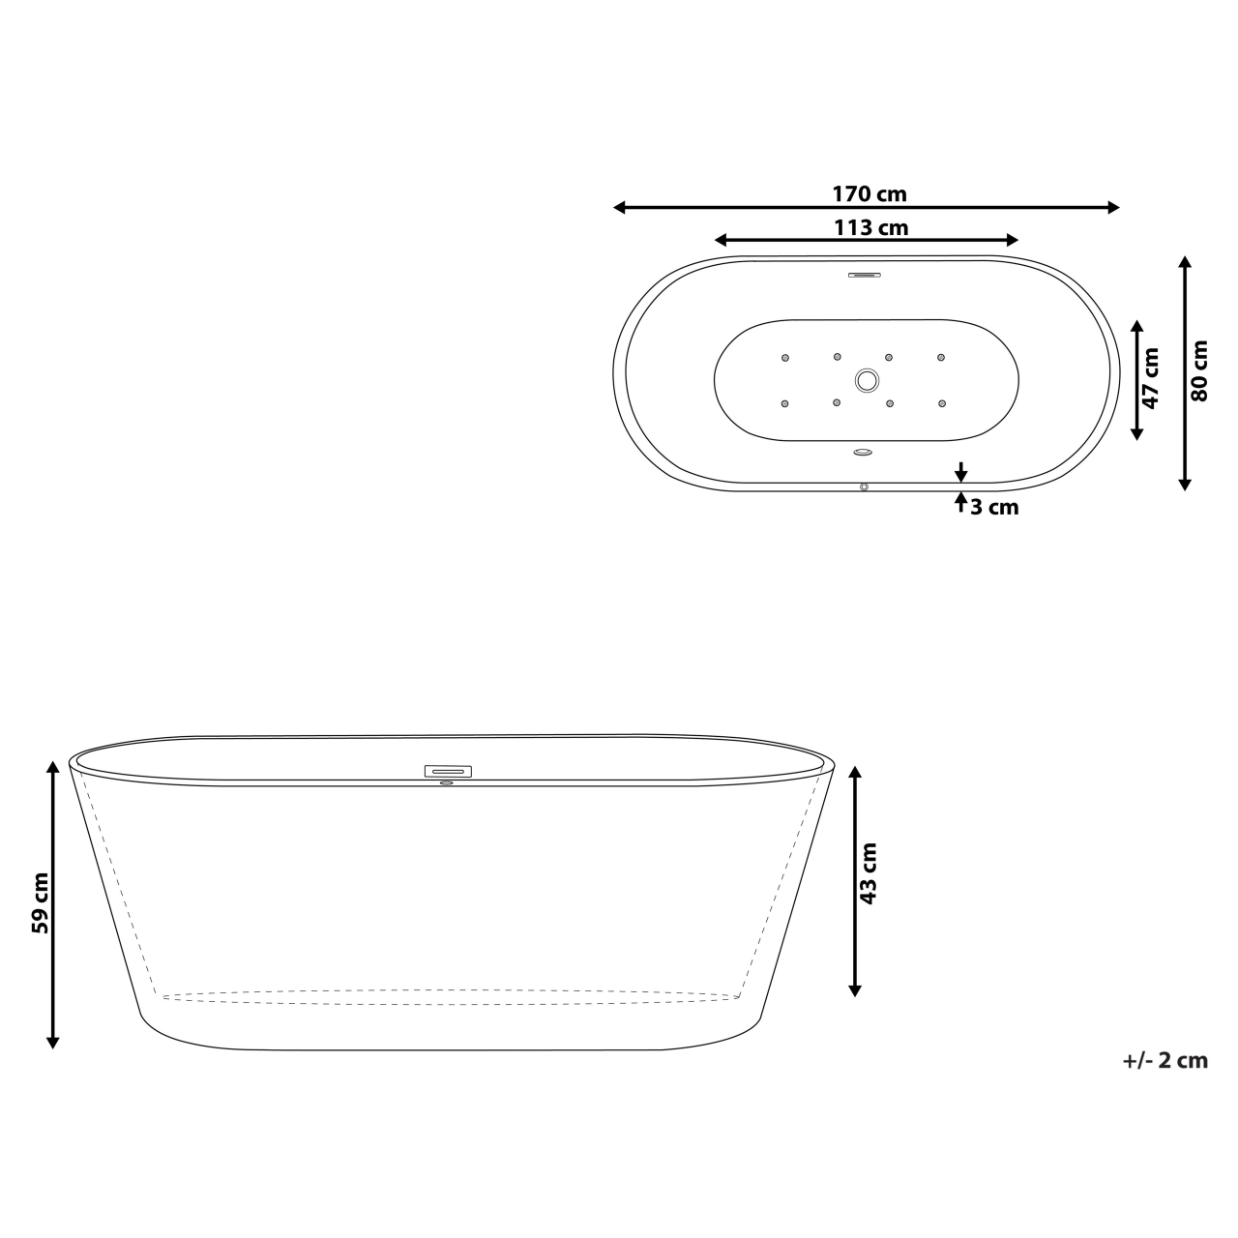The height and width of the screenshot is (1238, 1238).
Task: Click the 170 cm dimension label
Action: [870, 193]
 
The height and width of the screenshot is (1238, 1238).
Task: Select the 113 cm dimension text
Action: [870, 228]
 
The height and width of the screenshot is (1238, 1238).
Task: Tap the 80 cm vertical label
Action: [1199, 370]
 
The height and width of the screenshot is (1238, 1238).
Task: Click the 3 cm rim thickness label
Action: [995, 507]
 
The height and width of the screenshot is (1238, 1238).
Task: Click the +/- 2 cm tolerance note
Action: [1165, 1060]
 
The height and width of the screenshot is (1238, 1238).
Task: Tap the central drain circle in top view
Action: [866, 380]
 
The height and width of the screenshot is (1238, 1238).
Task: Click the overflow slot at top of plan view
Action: [865, 275]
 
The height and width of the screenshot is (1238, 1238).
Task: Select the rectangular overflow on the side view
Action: [448, 771]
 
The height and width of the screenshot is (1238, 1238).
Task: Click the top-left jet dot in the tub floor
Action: [785, 359]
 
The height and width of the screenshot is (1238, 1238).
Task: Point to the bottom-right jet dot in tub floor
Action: [940, 402]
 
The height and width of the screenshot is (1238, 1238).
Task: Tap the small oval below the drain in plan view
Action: [864, 451]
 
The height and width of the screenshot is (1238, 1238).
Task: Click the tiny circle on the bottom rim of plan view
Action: [864, 486]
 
